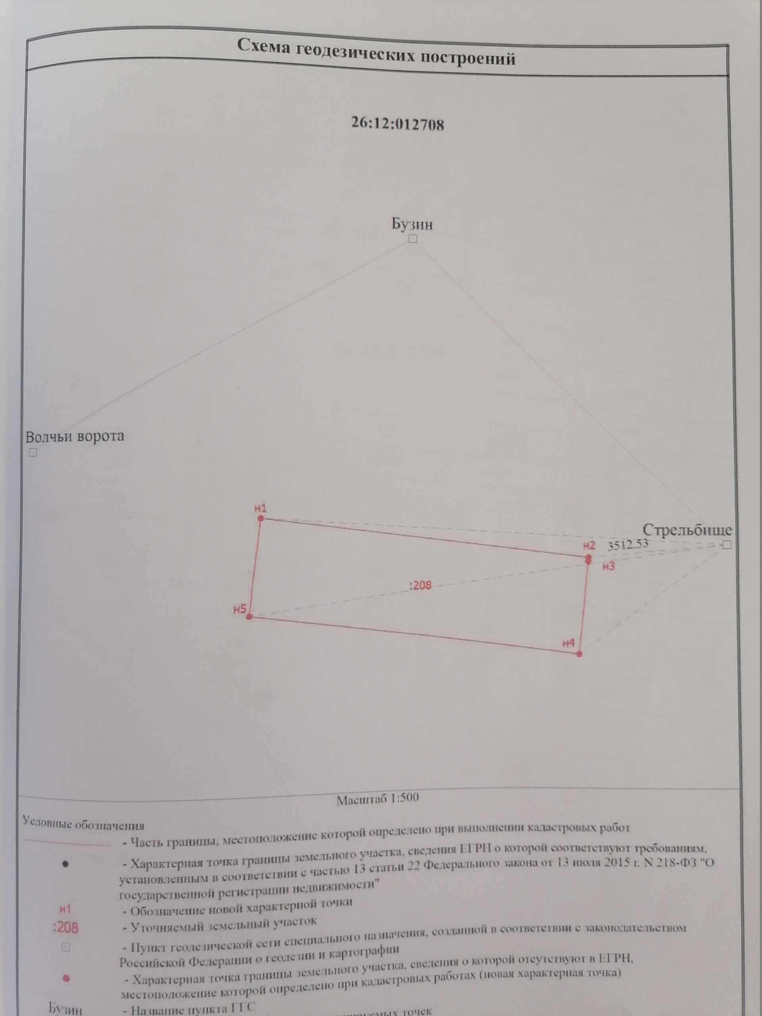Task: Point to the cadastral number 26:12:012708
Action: [x=398, y=125]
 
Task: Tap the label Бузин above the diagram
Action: [x=412, y=224]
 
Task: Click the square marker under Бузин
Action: [x=413, y=239]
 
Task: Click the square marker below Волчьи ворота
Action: [x=33, y=453]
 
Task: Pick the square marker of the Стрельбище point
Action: [x=726, y=545]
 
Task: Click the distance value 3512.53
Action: [x=628, y=545]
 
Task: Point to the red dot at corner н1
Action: [x=260, y=519]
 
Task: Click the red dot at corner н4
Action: [x=579, y=654]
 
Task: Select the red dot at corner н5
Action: [x=249, y=617]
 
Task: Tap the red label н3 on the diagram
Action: [x=608, y=567]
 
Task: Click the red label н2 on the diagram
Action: [x=589, y=546]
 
